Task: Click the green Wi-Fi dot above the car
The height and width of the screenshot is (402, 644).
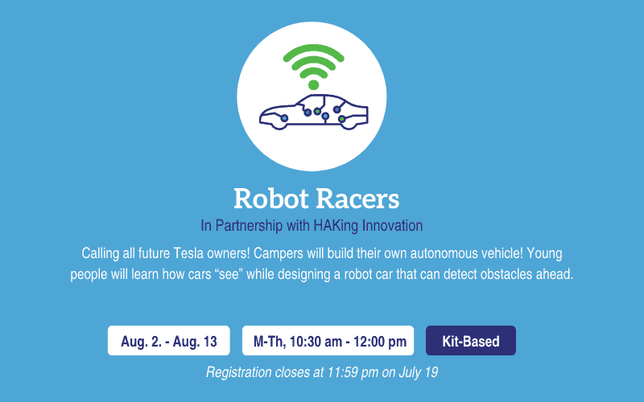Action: [313, 84]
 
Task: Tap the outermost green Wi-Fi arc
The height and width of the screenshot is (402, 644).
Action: [313, 49]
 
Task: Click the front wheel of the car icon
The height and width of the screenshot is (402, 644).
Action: [279, 123]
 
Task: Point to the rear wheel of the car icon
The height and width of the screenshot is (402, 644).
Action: [349, 123]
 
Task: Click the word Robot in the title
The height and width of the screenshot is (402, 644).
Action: [271, 199]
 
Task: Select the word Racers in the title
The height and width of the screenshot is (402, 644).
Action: [357, 199]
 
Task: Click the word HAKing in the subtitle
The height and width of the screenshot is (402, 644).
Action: [336, 226]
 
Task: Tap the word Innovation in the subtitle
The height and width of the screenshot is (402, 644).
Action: [392, 225]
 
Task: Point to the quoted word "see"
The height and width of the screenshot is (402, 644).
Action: [229, 273]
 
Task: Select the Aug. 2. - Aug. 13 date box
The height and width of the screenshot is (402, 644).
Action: [169, 340]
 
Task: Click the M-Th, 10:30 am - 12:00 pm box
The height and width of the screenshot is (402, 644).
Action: [328, 340]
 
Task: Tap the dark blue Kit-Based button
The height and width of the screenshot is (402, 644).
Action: [471, 340]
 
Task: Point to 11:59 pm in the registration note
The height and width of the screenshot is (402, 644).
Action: [353, 372]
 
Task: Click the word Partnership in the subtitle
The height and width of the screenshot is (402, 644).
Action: [249, 226]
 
